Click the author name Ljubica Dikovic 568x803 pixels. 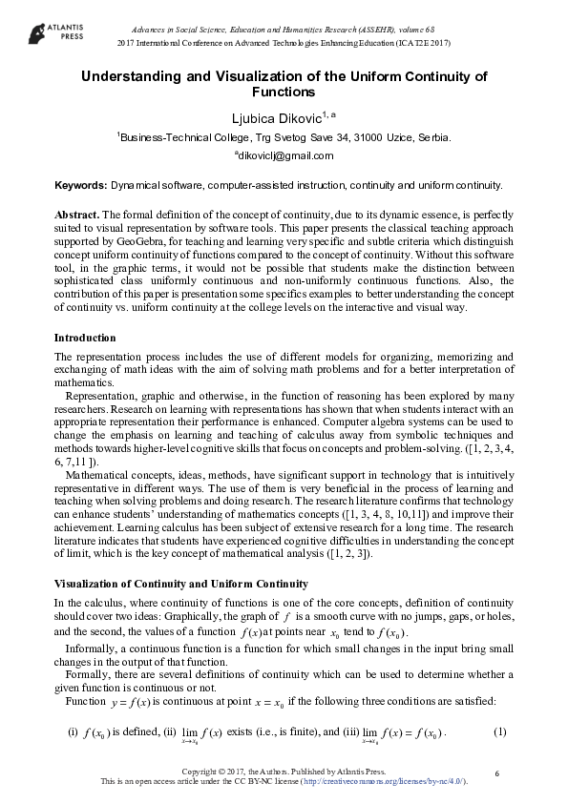pyautogui.click(x=277, y=117)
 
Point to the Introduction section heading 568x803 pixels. pyautogui.click(x=85, y=338)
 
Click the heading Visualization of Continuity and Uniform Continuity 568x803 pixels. pyautogui.click(x=180, y=583)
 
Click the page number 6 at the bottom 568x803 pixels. pyautogui.click(x=498, y=771)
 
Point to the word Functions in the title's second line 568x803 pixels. pyautogui.click(x=283, y=93)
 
